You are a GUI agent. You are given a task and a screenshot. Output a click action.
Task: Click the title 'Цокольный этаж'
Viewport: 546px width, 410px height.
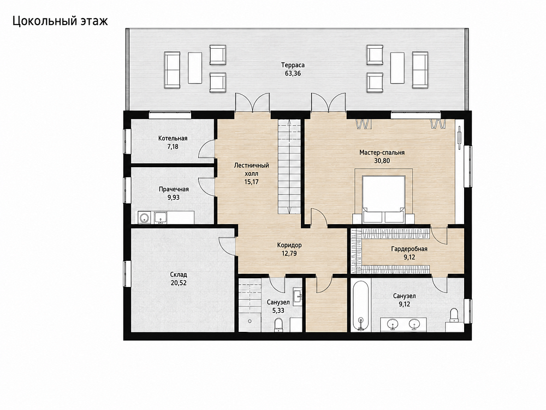[60, 21]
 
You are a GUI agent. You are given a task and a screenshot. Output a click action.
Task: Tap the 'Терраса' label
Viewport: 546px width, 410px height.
[293, 65]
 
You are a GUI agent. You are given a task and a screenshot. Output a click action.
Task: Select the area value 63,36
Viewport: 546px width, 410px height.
[293, 74]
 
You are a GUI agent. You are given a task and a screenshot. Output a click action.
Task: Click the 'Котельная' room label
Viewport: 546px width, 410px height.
[173, 138]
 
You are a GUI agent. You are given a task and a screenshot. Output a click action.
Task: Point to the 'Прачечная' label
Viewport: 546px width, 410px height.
[174, 189]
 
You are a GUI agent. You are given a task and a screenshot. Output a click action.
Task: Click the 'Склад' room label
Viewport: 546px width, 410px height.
[179, 275]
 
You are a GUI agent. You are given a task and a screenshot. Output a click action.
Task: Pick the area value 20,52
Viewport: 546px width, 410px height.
[179, 283]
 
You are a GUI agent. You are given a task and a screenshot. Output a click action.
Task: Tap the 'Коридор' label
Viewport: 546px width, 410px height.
[289, 245]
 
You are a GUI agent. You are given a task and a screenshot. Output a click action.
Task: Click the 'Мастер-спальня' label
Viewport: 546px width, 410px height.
[382, 153]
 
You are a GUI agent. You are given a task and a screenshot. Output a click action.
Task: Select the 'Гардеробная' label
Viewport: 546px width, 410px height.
[409, 249]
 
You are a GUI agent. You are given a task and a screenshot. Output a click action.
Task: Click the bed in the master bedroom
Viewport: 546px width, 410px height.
[384, 200]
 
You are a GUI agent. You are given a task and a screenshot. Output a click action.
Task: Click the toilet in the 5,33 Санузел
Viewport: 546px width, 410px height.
[278, 325]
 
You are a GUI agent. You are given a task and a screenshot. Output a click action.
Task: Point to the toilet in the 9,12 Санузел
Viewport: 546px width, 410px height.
[453, 316]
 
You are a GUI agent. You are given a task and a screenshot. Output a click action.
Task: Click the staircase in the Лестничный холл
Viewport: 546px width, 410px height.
[289, 167]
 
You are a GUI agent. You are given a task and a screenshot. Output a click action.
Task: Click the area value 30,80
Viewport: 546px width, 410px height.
[382, 161]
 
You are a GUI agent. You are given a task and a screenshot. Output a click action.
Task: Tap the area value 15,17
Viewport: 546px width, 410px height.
[251, 182]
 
